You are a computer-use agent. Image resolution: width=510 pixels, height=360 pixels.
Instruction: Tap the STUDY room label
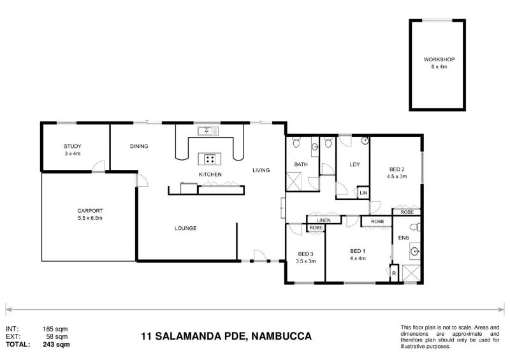click(x=72, y=147)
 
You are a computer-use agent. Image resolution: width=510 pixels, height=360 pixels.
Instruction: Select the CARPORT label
click(x=90, y=211)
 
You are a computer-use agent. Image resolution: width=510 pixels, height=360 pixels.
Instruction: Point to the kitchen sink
click(x=206, y=132)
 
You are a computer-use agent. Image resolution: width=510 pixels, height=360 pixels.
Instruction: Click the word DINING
click(x=139, y=147)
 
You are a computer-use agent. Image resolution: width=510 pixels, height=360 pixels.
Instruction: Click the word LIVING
click(x=261, y=170)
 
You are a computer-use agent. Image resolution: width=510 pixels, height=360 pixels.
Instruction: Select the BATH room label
click(x=300, y=164)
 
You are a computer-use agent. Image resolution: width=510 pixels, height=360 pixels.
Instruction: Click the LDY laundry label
click(x=354, y=164)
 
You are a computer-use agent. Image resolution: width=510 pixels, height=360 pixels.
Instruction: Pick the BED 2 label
click(x=397, y=169)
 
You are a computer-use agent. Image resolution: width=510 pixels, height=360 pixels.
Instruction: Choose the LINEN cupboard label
click(x=323, y=220)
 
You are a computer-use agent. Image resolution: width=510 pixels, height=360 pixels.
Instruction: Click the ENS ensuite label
click(x=403, y=238)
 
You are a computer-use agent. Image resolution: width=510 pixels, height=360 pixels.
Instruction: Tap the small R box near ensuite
click(x=393, y=275)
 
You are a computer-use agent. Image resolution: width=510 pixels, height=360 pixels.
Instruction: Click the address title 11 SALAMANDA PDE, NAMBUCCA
click(x=226, y=336)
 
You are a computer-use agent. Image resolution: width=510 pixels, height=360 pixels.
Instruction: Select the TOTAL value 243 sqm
click(x=57, y=344)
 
